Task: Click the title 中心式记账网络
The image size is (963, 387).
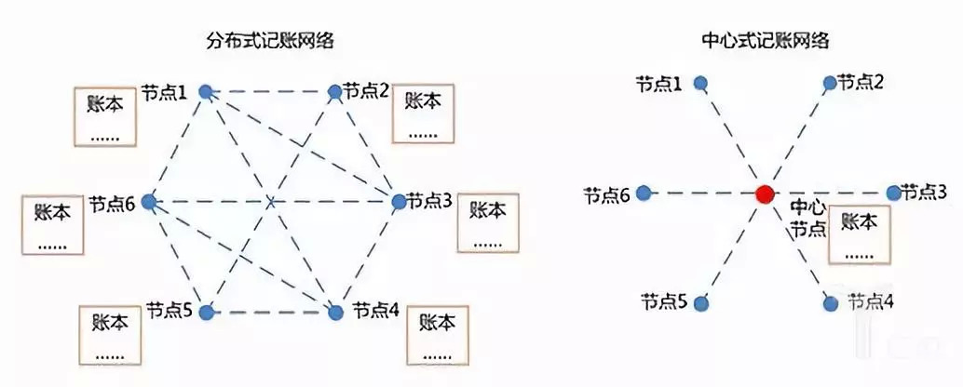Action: [766, 41]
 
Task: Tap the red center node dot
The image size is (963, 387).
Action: [764, 193]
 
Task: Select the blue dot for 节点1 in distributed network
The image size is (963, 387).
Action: [206, 92]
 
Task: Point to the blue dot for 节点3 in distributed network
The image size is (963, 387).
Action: [399, 201]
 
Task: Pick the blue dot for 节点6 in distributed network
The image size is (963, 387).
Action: [149, 201]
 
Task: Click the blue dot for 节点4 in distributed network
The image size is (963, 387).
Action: [334, 313]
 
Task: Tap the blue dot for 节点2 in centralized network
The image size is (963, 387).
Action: [830, 82]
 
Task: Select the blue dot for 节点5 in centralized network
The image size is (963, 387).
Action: [701, 302]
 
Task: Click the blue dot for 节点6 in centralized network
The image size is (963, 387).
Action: [643, 193]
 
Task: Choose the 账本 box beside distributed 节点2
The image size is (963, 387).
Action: [424, 113]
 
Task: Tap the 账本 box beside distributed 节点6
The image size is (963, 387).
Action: [52, 224]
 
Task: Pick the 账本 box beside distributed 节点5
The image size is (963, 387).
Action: [111, 334]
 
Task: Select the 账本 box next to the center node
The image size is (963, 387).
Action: [860, 235]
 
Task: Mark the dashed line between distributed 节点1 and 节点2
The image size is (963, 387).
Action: [270, 92]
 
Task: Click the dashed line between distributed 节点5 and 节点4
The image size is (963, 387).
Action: [270, 313]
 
